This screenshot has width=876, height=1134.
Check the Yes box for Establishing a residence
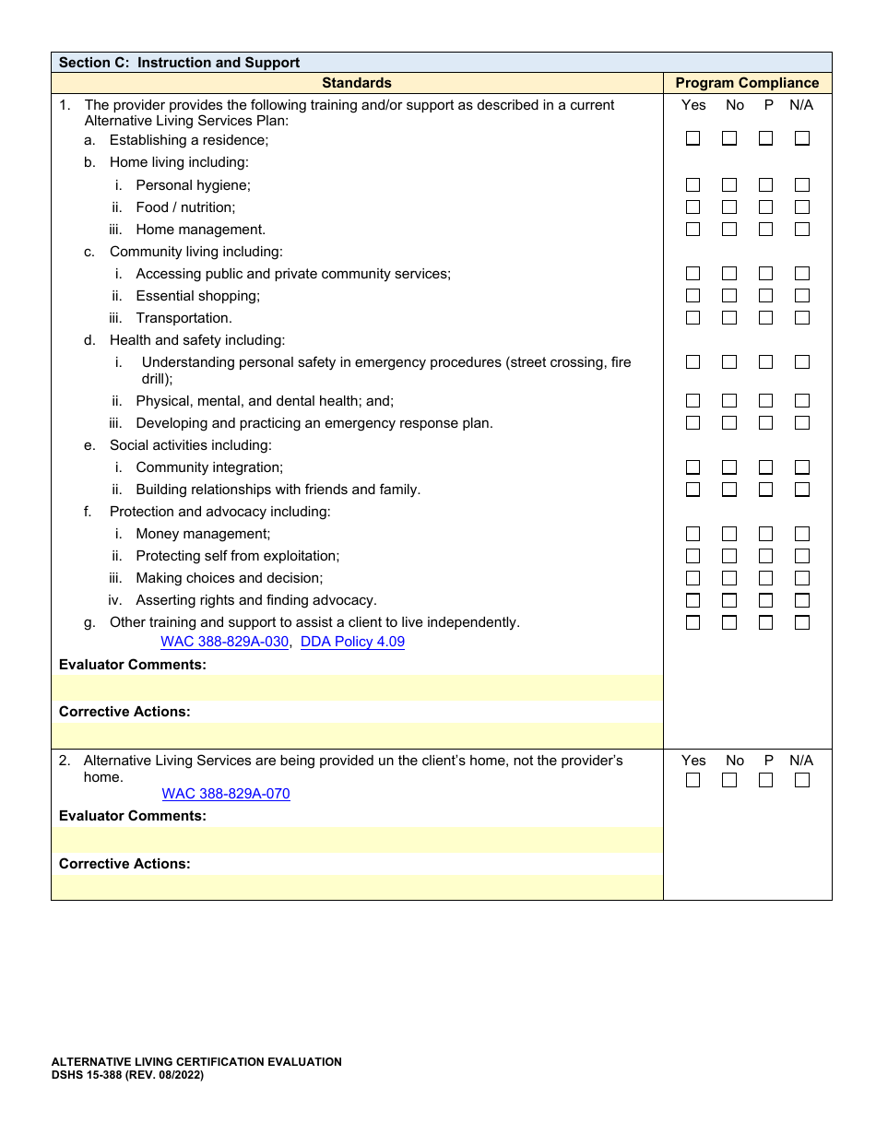[693, 138]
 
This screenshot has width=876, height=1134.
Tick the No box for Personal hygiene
[729, 185]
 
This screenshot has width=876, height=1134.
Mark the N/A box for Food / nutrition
[802, 207]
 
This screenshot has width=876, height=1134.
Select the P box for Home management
[765, 230]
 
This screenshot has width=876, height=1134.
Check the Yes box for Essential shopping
[693, 296]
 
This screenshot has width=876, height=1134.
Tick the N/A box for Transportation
[802, 318]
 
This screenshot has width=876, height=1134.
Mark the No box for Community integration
[729, 467]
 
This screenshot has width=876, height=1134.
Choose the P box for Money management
[765, 534]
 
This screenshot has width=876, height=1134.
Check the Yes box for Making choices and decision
[693, 578]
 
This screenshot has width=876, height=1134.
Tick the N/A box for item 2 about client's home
[802, 780]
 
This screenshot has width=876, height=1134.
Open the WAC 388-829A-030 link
[224, 642]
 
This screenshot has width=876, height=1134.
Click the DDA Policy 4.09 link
[352, 642]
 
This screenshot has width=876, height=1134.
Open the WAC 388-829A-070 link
[226, 794]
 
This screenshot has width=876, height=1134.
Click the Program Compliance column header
[747, 83]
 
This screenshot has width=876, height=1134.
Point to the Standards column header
[357, 83]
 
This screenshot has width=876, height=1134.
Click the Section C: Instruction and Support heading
[179, 63]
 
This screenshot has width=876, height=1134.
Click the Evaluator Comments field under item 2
[357, 840]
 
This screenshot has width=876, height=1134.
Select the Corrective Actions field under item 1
[357, 736]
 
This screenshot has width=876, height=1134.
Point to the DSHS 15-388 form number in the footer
[127, 1075]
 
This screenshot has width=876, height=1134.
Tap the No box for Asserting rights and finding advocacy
[729, 600]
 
